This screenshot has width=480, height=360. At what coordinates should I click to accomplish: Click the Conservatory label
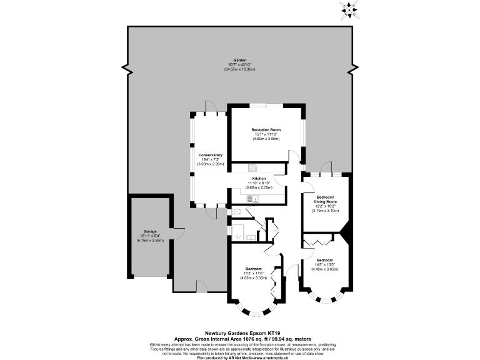(x=210, y=154)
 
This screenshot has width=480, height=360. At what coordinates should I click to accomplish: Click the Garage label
(x=149, y=231)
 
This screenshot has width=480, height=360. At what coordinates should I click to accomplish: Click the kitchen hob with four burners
(x=252, y=167)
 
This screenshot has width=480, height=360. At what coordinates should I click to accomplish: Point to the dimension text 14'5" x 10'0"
(x=325, y=264)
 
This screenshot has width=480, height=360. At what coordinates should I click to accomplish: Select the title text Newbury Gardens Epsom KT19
(x=240, y=334)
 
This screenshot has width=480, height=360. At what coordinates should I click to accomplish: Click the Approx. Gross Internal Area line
(x=240, y=339)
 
